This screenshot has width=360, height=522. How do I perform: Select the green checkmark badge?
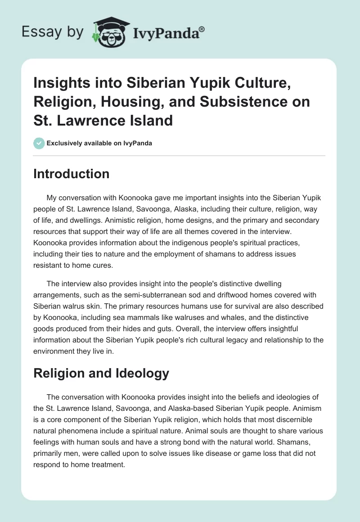[x=39, y=144]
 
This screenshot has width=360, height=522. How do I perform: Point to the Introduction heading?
[x=71, y=174]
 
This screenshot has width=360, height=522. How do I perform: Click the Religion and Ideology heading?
[x=101, y=373]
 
